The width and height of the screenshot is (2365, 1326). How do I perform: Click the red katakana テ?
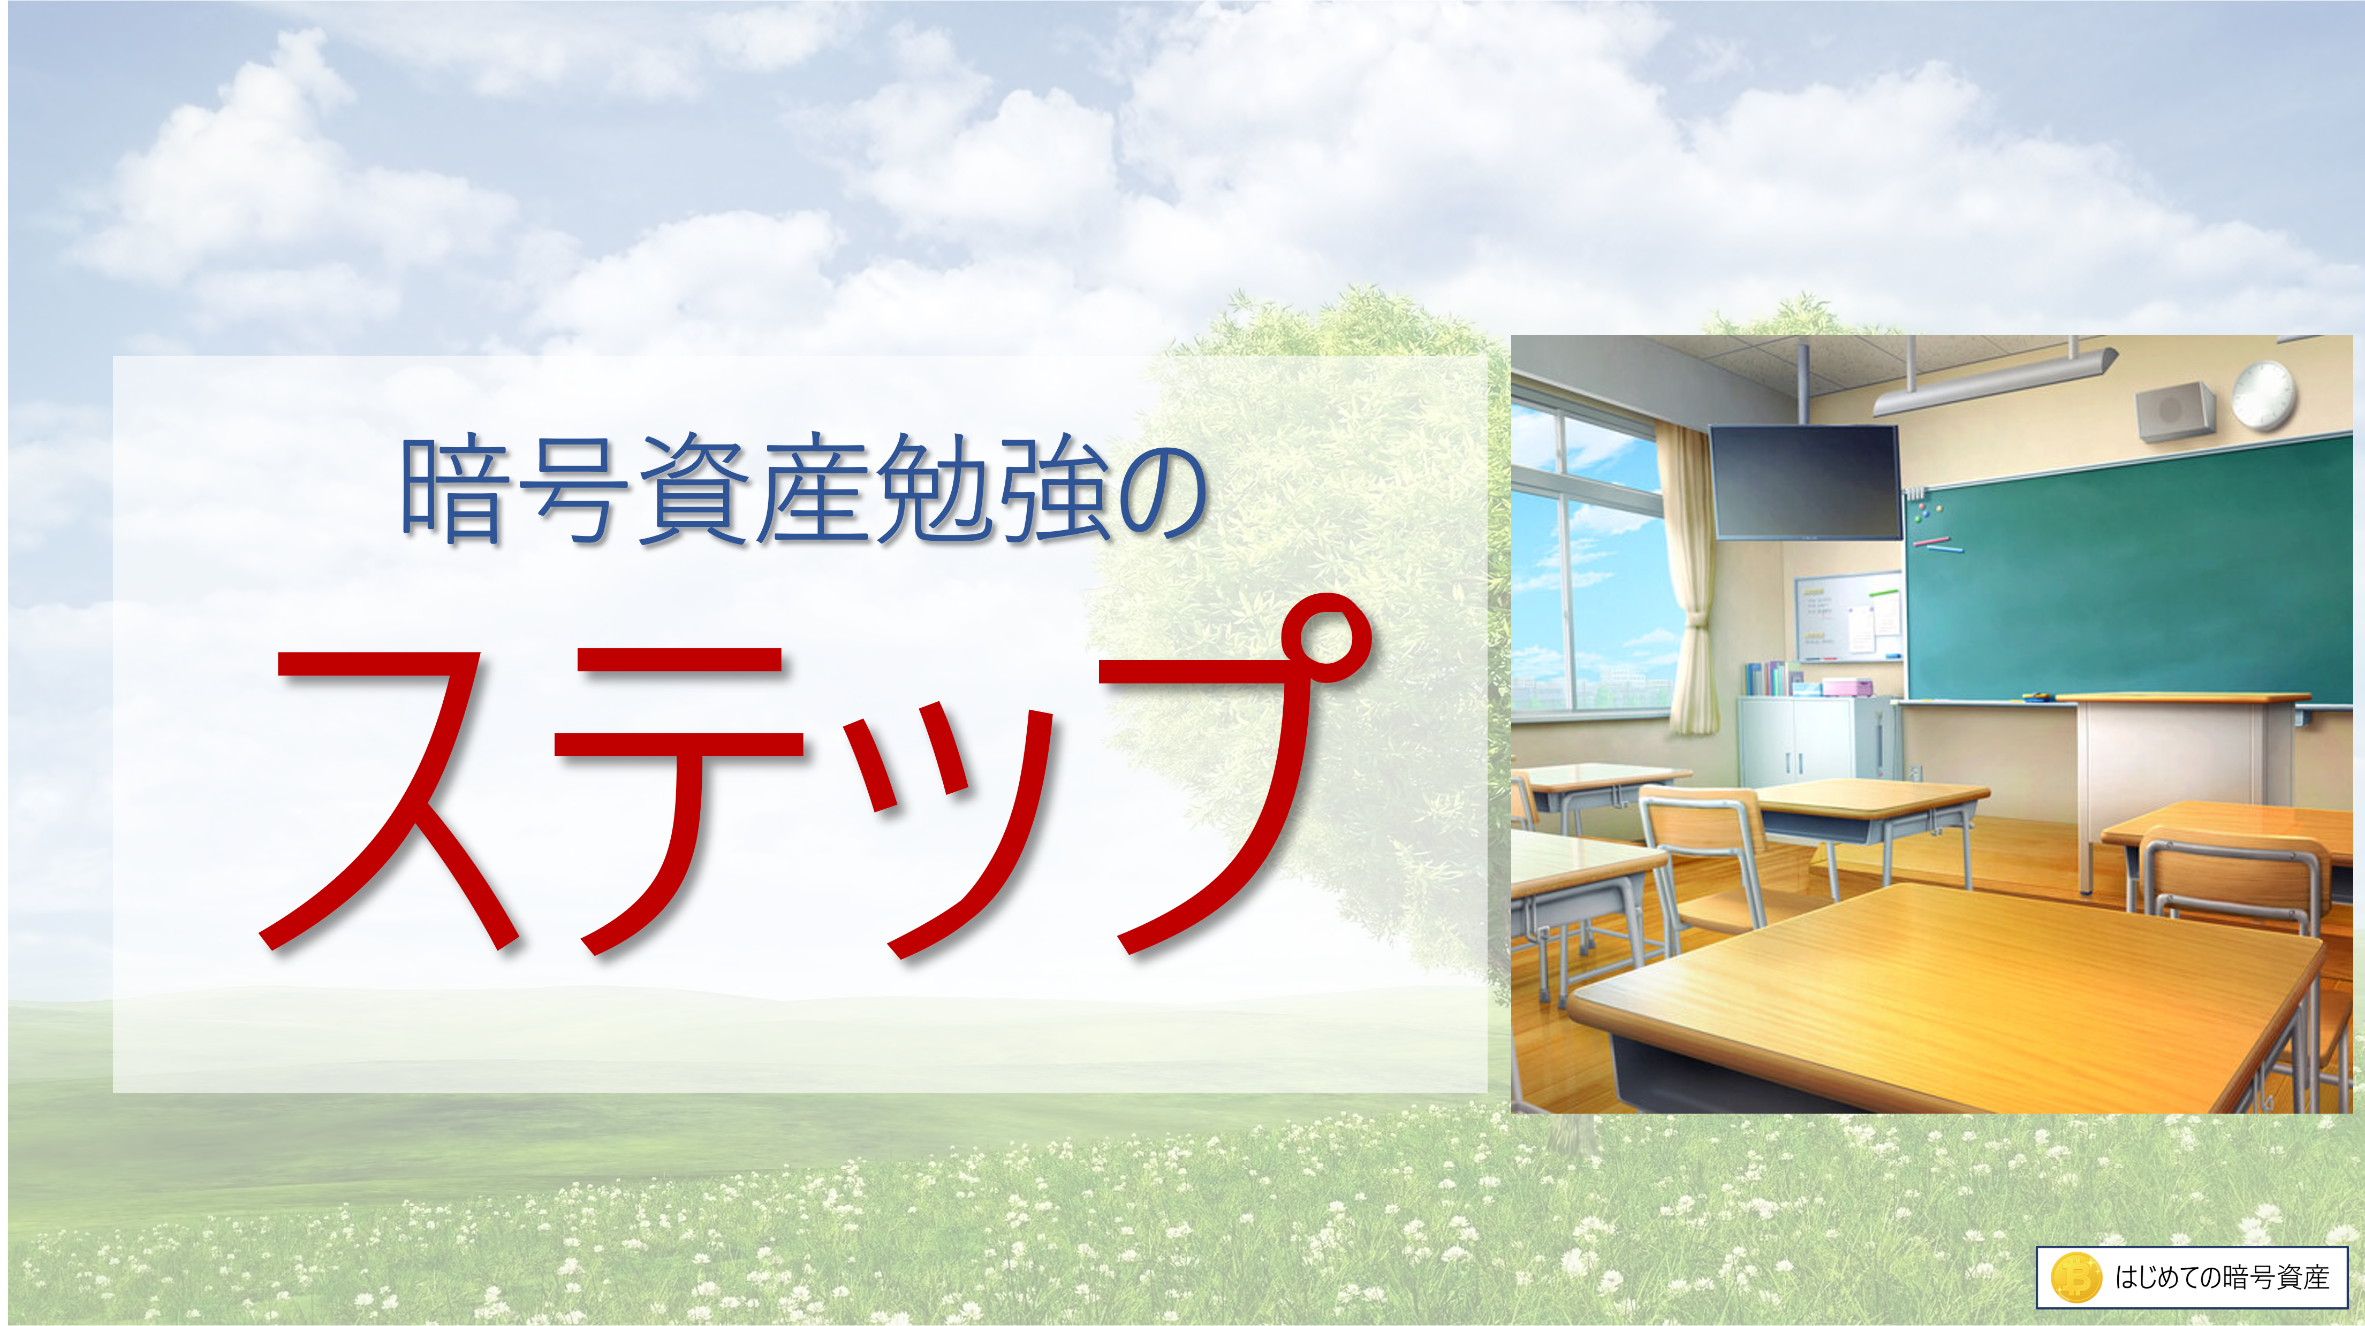679,799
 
